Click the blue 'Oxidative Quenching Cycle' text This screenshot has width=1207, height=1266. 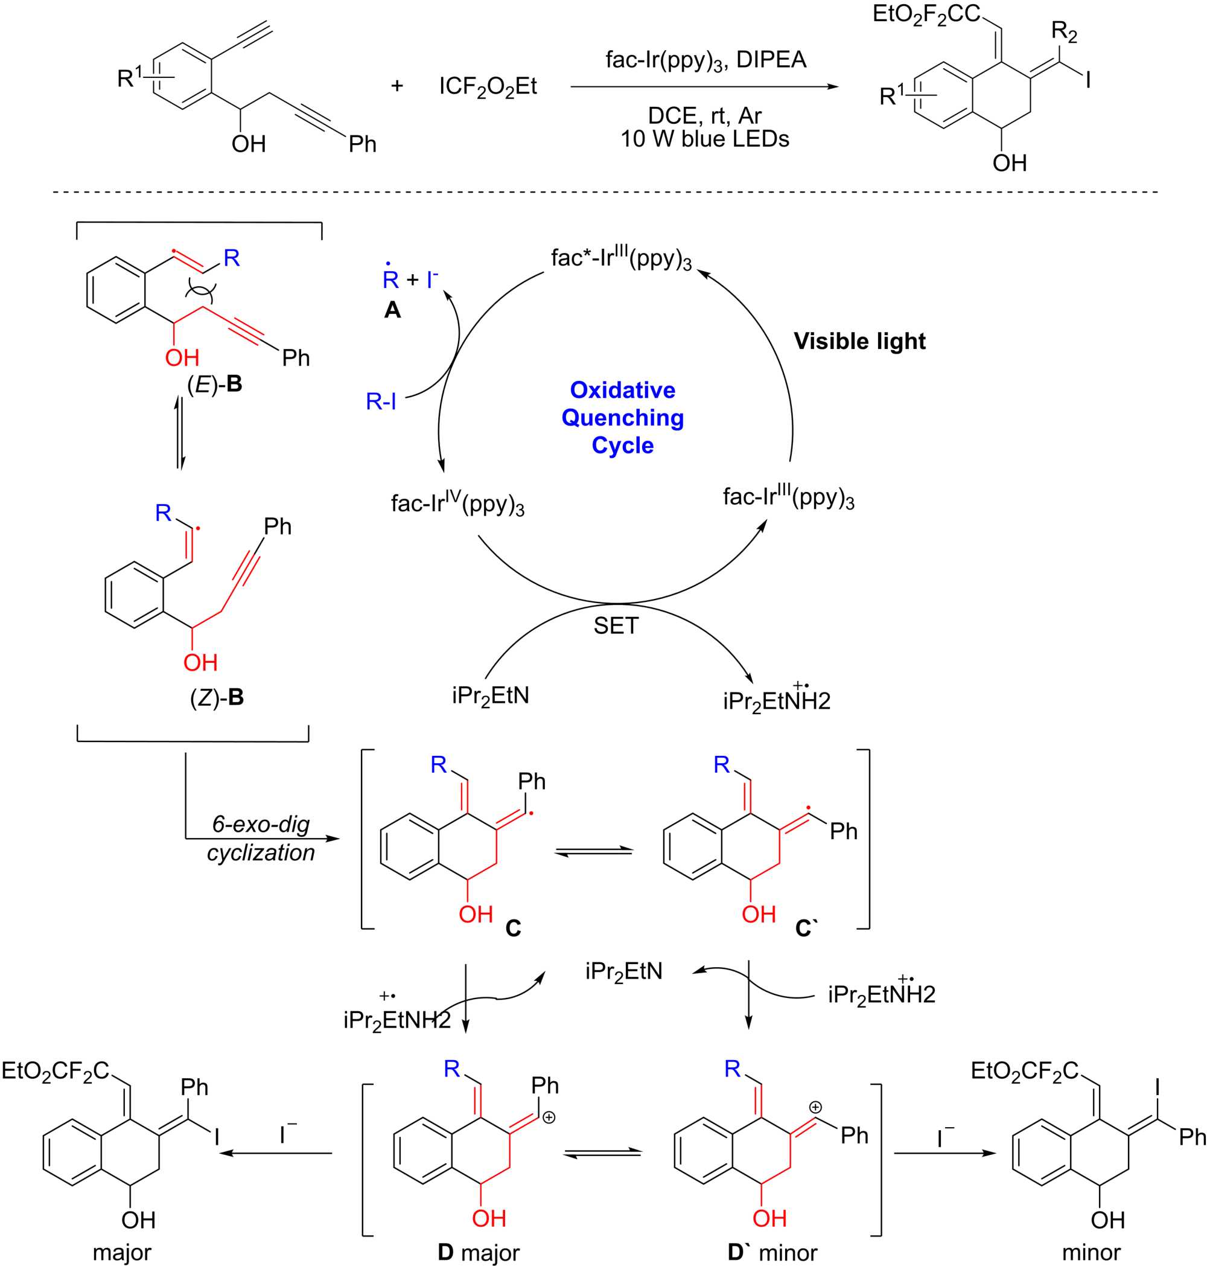click(x=622, y=418)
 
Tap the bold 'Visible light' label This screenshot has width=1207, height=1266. click(x=859, y=341)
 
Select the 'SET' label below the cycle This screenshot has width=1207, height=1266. click(x=616, y=625)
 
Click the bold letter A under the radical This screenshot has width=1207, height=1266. click(x=392, y=310)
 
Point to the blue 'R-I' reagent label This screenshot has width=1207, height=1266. click(x=381, y=401)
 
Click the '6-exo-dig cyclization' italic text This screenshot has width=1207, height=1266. click(x=261, y=838)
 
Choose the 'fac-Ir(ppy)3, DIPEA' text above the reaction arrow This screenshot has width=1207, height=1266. click(x=706, y=60)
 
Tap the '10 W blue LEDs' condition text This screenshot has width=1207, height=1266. click(x=704, y=139)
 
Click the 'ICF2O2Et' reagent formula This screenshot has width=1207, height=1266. click(x=488, y=87)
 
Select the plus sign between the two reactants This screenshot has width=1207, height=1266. click(x=397, y=85)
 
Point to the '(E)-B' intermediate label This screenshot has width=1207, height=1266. click(x=214, y=384)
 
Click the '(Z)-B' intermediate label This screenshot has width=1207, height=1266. click(x=217, y=698)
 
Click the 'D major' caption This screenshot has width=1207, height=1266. click(x=479, y=1252)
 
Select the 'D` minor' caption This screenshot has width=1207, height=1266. click(x=772, y=1252)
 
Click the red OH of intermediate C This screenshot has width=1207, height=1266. click(x=476, y=914)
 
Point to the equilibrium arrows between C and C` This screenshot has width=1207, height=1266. click(x=594, y=851)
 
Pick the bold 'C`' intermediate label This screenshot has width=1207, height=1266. click(x=807, y=928)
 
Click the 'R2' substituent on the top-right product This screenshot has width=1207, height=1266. click(x=1064, y=31)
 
